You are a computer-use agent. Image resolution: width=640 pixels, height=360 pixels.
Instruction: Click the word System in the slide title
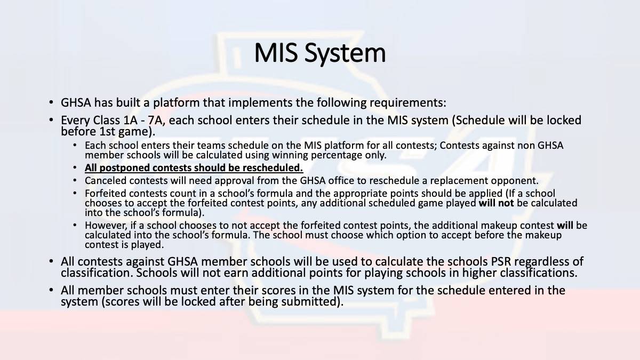click(x=345, y=54)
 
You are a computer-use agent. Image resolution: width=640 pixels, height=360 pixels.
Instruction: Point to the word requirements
click(x=407, y=103)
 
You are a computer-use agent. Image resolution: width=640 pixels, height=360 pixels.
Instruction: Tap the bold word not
click(x=506, y=203)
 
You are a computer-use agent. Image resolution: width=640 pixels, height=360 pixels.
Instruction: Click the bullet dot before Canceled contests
click(x=75, y=181)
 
